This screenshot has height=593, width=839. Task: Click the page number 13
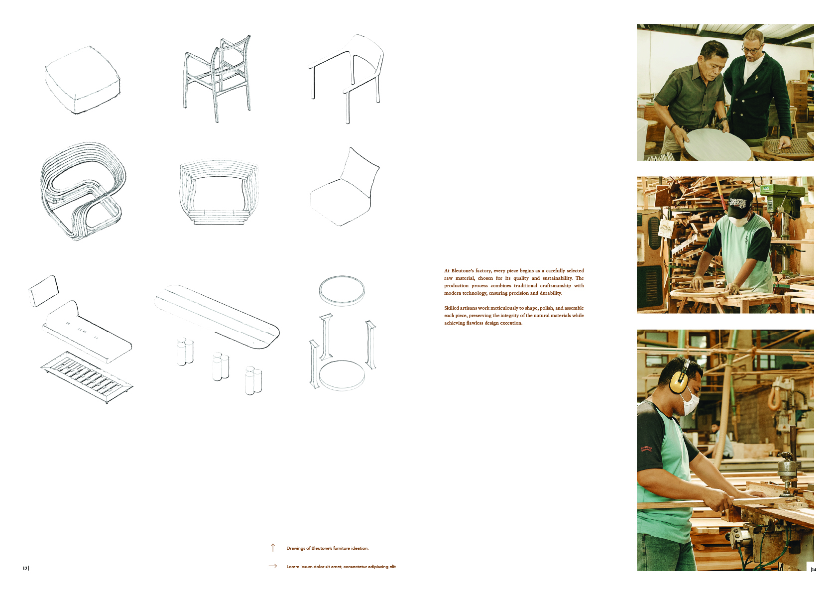click(x=24, y=568)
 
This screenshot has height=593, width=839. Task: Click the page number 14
click(x=814, y=570)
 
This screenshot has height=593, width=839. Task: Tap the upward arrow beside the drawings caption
click(x=272, y=548)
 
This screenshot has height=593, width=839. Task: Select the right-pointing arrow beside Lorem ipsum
click(x=272, y=566)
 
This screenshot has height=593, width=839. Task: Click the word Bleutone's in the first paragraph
click(x=462, y=271)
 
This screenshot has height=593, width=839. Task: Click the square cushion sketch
click(x=82, y=80)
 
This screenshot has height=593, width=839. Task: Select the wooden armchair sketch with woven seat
click(x=218, y=77)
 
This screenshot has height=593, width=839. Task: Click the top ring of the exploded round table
click(x=342, y=290)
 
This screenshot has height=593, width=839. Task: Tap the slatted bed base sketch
click(x=87, y=378)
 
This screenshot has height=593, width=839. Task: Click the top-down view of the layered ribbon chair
click(x=218, y=192)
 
